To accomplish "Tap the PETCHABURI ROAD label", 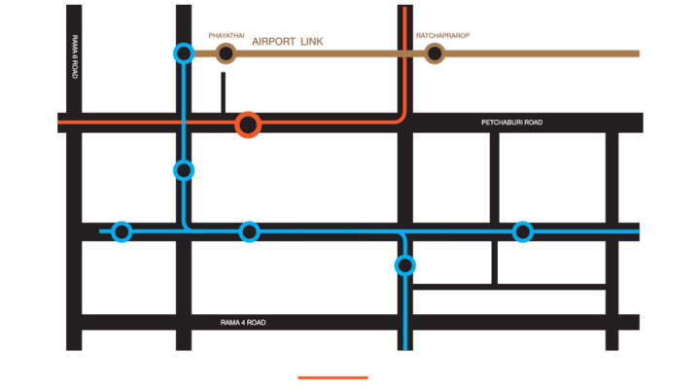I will point(511,123).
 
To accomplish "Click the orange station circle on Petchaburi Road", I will point(248,124).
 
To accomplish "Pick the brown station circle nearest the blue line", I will point(227,53).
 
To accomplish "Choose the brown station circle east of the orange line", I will point(435,53).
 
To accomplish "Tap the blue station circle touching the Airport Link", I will point(183,53).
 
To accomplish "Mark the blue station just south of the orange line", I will point(184,170).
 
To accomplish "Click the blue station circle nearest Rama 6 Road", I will point(122,231).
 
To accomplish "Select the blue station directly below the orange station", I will point(250,231).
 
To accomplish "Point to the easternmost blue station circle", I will point(523,231).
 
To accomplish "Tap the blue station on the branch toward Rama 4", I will point(404,265).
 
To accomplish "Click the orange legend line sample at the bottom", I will point(333,377).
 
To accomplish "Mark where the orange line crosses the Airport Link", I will point(404,53).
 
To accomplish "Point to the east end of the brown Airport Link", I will point(639,53).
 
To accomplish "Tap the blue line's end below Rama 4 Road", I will point(405,347).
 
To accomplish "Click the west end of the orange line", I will point(59,123).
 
